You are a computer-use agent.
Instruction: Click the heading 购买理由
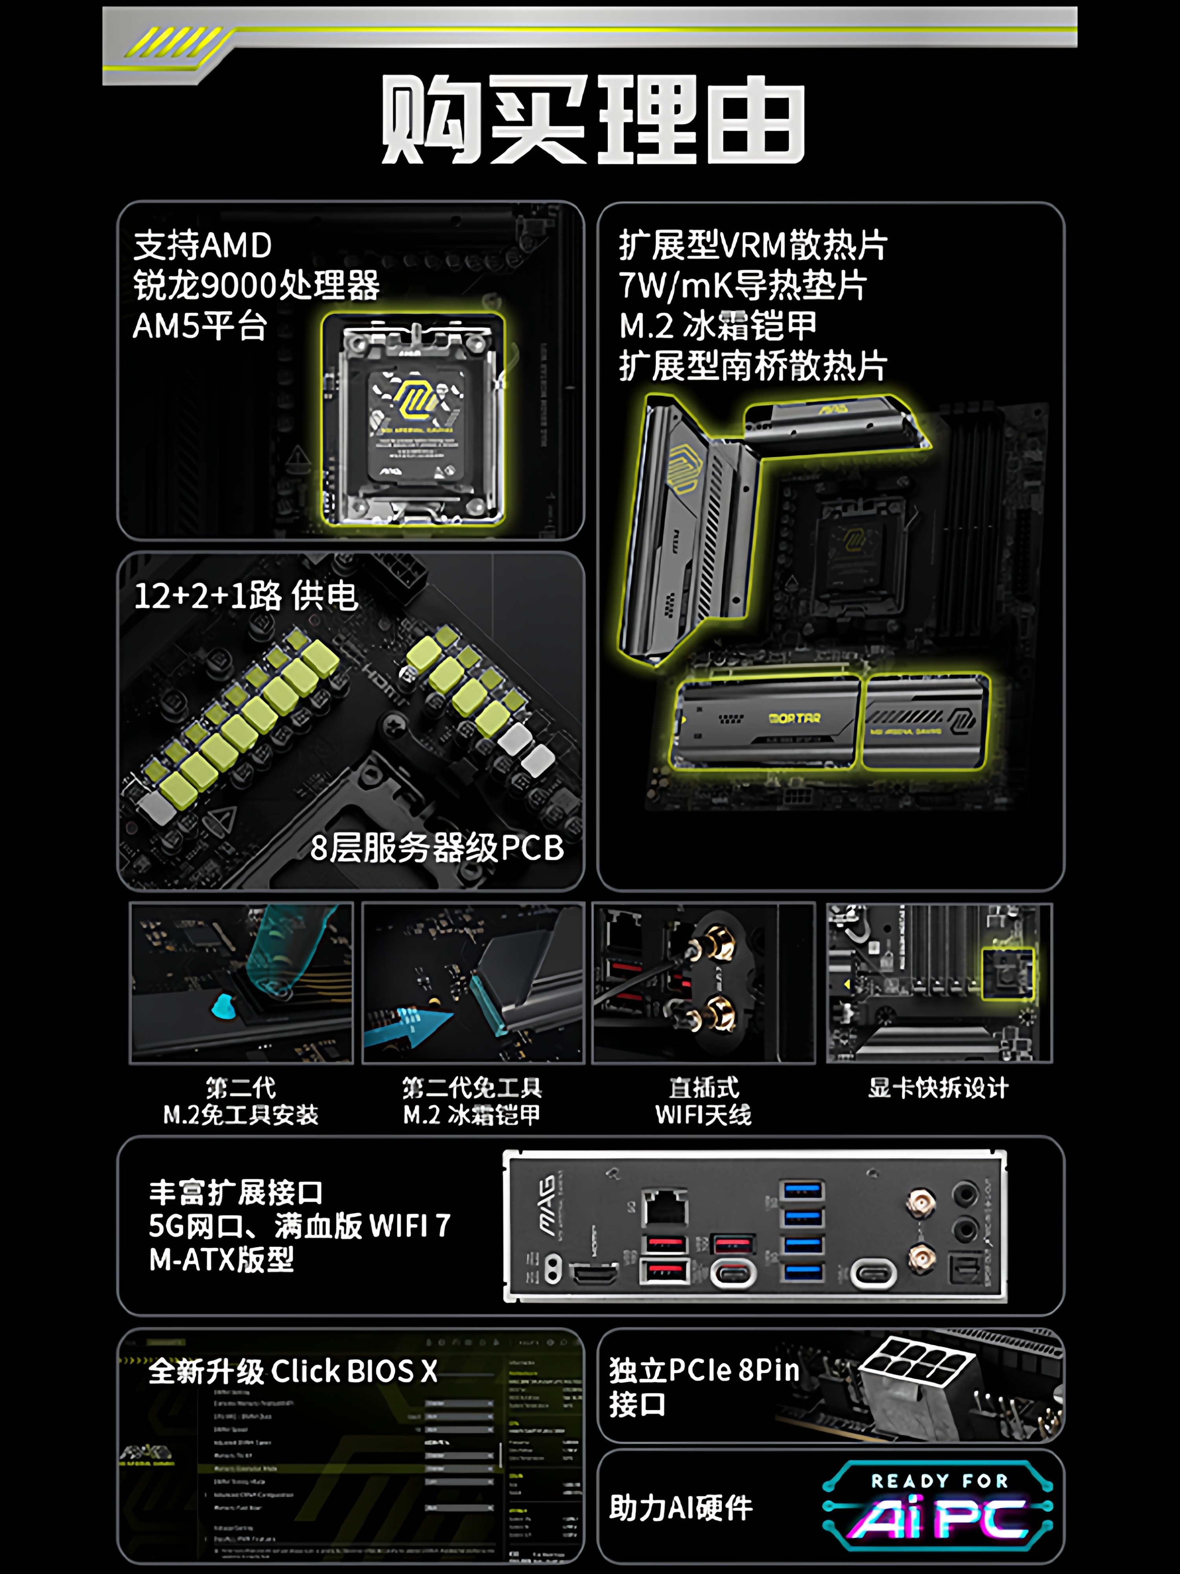point(592,120)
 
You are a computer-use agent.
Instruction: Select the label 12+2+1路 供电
point(245,596)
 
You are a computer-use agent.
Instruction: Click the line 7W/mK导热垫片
point(742,286)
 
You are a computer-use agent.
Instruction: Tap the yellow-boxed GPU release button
point(1007,974)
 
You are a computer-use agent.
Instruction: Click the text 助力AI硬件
point(681,1507)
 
